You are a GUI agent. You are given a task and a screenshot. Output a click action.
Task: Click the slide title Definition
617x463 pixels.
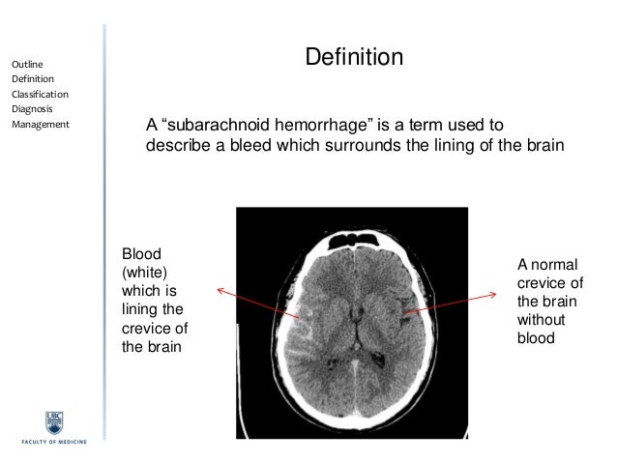coord(354,59)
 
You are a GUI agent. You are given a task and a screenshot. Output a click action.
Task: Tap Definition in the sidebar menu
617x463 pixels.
coord(33,79)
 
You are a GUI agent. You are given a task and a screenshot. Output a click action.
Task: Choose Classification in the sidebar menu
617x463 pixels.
coord(40,95)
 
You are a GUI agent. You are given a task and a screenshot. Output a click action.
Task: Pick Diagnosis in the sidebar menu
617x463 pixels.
coord(32,109)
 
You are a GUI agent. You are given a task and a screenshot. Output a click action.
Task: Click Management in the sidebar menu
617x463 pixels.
coord(40,125)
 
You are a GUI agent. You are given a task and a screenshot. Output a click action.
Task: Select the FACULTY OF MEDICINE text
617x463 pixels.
coord(54,441)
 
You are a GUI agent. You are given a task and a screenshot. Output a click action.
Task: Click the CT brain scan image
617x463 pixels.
coord(359,319)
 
